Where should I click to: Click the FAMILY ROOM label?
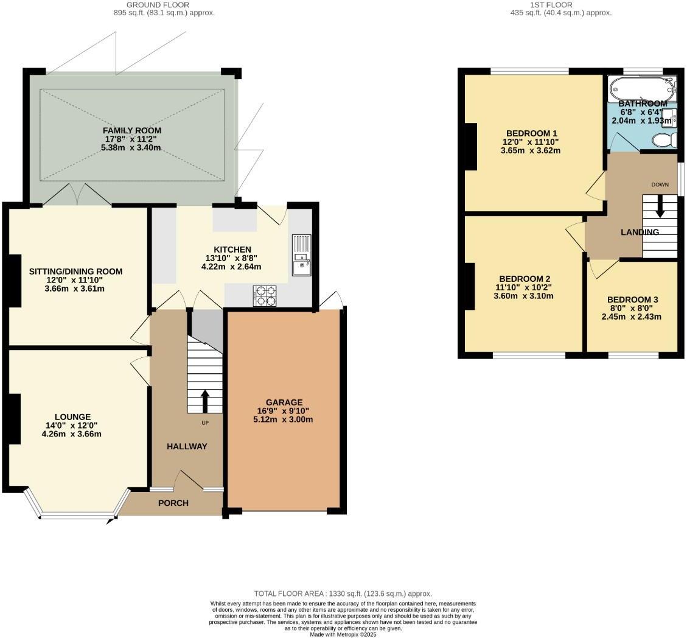[132, 130]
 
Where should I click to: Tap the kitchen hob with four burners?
[264, 296]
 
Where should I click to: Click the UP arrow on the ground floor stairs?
[204, 401]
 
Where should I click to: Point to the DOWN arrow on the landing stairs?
[660, 208]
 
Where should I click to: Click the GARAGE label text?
[284, 402]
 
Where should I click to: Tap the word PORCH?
[173, 503]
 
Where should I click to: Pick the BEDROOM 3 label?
[632, 300]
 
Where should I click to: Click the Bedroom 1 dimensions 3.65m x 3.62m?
[531, 150]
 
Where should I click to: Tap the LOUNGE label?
[72, 417]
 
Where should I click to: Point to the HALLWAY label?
[187, 446]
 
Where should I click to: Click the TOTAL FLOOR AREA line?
[343, 594]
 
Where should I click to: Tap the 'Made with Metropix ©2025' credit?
[343, 634]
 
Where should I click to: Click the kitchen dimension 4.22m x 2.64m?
[232, 267]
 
